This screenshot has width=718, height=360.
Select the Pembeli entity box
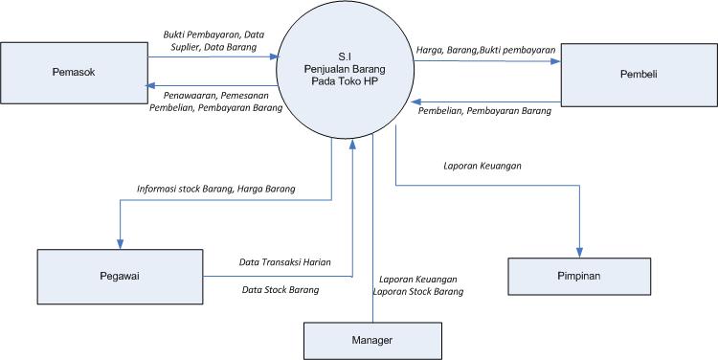[638, 73]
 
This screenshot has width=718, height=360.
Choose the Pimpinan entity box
[579, 275]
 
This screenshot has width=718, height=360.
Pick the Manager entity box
[373, 340]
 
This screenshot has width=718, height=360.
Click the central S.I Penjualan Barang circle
[345, 70]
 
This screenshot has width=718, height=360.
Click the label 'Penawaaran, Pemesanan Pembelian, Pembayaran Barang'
[215, 101]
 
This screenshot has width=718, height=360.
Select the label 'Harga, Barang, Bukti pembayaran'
[485, 49]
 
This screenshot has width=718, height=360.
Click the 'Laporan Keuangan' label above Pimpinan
[482, 166]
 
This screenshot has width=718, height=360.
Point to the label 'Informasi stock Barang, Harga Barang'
[215, 189]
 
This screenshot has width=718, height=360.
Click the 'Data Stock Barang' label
[280, 288]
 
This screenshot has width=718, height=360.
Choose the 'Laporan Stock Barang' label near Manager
[417, 291]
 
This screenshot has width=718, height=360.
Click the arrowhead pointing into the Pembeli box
[555, 61]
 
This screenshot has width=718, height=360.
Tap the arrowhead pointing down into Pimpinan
[579, 252]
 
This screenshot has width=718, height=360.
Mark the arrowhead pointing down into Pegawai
[121, 242]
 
